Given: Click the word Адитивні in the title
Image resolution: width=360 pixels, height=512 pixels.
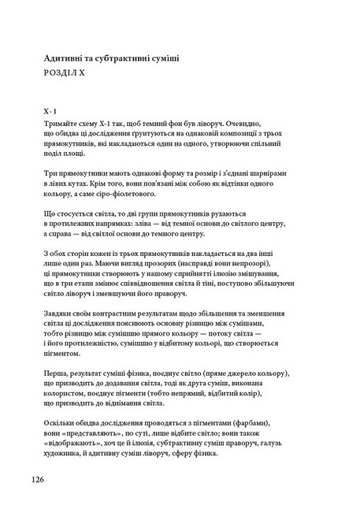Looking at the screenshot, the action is [x=67, y=58].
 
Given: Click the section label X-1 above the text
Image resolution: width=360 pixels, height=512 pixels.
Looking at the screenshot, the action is [x=52, y=112].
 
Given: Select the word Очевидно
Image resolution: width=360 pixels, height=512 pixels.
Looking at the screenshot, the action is [x=243, y=124].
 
